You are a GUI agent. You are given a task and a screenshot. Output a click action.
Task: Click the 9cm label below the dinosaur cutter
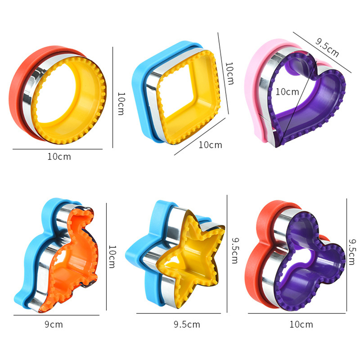coord(54,324)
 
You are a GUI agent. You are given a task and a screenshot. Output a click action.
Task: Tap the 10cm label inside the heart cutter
coord(287,92)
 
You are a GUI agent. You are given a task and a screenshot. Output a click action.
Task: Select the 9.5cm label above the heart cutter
coord(327,47)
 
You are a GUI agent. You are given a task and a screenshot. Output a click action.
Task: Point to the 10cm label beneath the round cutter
coord(59,157)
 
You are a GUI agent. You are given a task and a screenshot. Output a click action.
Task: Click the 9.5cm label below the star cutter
coord(187,324)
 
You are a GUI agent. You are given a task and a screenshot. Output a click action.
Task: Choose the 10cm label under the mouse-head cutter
coord(301,324)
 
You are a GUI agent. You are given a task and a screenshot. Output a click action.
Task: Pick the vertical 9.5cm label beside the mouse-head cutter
coord(351,251)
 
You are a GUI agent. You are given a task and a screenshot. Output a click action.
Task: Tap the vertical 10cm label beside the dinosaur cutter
coord(112,257)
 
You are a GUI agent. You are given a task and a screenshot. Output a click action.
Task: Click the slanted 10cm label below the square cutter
coord(210,145)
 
